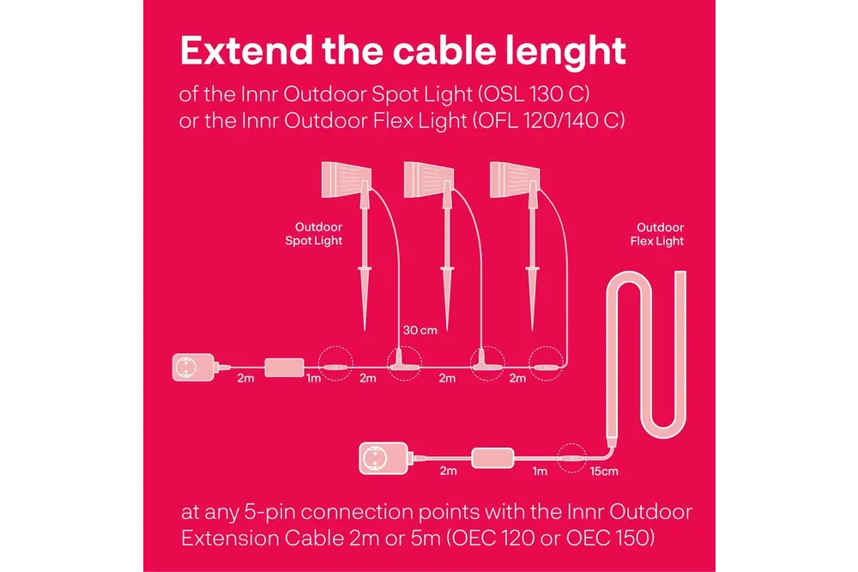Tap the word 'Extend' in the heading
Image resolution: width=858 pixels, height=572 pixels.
tap(247, 51)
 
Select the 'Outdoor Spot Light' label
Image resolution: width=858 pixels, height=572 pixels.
tap(313, 233)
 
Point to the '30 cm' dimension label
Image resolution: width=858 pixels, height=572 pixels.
tap(420, 330)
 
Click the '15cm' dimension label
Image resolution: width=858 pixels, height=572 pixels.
tap(604, 472)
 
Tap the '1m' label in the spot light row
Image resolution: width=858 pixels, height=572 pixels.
tap(313, 378)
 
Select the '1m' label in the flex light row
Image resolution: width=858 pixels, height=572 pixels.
tap(540, 472)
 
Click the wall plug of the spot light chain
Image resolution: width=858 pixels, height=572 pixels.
tap(194, 367)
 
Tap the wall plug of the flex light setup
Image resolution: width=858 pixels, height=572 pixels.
tap(384, 458)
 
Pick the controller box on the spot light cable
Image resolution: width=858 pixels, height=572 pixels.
tap(285, 368)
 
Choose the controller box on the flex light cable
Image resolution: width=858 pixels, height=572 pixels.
tap(492, 458)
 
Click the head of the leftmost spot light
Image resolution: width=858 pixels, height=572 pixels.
tap(347, 180)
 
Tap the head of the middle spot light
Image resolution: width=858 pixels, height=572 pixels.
tap(428, 180)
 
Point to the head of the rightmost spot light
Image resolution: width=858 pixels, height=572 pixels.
tap(514, 180)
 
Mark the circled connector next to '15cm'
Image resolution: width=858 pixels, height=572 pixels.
tap(571, 458)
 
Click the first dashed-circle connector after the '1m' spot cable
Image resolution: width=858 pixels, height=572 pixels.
tap(335, 364)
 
